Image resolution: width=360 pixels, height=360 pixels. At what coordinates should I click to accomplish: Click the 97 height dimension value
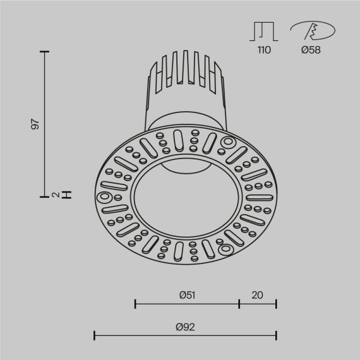[x=36, y=124]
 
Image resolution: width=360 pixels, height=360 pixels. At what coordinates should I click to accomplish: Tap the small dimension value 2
[x=56, y=195]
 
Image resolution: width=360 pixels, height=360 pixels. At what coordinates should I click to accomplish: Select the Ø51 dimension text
[x=186, y=294]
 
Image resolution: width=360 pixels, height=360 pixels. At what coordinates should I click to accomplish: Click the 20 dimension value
[x=257, y=294]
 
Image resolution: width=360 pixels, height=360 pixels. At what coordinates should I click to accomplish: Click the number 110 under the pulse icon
[x=263, y=51]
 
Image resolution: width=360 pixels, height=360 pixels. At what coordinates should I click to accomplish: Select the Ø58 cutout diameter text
[x=311, y=51]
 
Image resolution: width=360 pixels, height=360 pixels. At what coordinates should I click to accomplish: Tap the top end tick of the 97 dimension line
[x=45, y=52]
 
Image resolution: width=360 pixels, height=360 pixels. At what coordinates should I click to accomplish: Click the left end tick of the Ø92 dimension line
[x=95, y=335]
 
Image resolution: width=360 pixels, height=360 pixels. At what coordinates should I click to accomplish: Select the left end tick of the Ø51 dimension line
[x=136, y=304]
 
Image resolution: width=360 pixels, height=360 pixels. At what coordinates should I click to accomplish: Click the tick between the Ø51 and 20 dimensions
[x=239, y=304]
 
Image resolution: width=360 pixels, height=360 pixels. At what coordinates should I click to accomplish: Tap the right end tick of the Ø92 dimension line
[x=276, y=335]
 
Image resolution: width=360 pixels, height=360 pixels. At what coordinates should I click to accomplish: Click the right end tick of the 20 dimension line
[x=276, y=304]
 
